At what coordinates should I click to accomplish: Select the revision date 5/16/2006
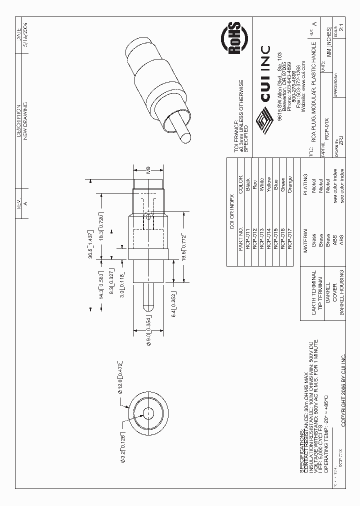click(26, 33)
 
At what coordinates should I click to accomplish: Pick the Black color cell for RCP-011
click(247, 183)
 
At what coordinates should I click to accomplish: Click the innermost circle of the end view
click(148, 412)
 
